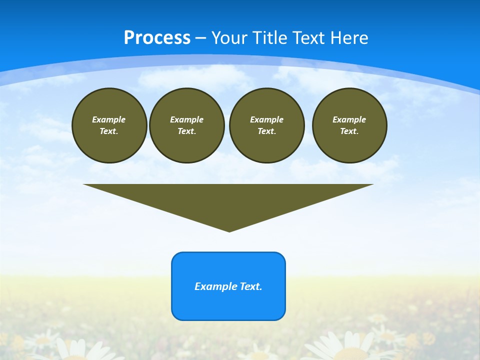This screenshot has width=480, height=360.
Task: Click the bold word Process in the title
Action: (x=157, y=38)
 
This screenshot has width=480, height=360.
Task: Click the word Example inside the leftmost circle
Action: (x=109, y=119)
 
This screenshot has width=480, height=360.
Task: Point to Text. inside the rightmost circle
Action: (x=349, y=131)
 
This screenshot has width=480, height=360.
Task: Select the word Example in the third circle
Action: (x=267, y=119)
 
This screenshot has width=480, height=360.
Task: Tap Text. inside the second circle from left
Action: (x=187, y=131)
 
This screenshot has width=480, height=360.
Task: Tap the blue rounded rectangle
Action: (x=228, y=305)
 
